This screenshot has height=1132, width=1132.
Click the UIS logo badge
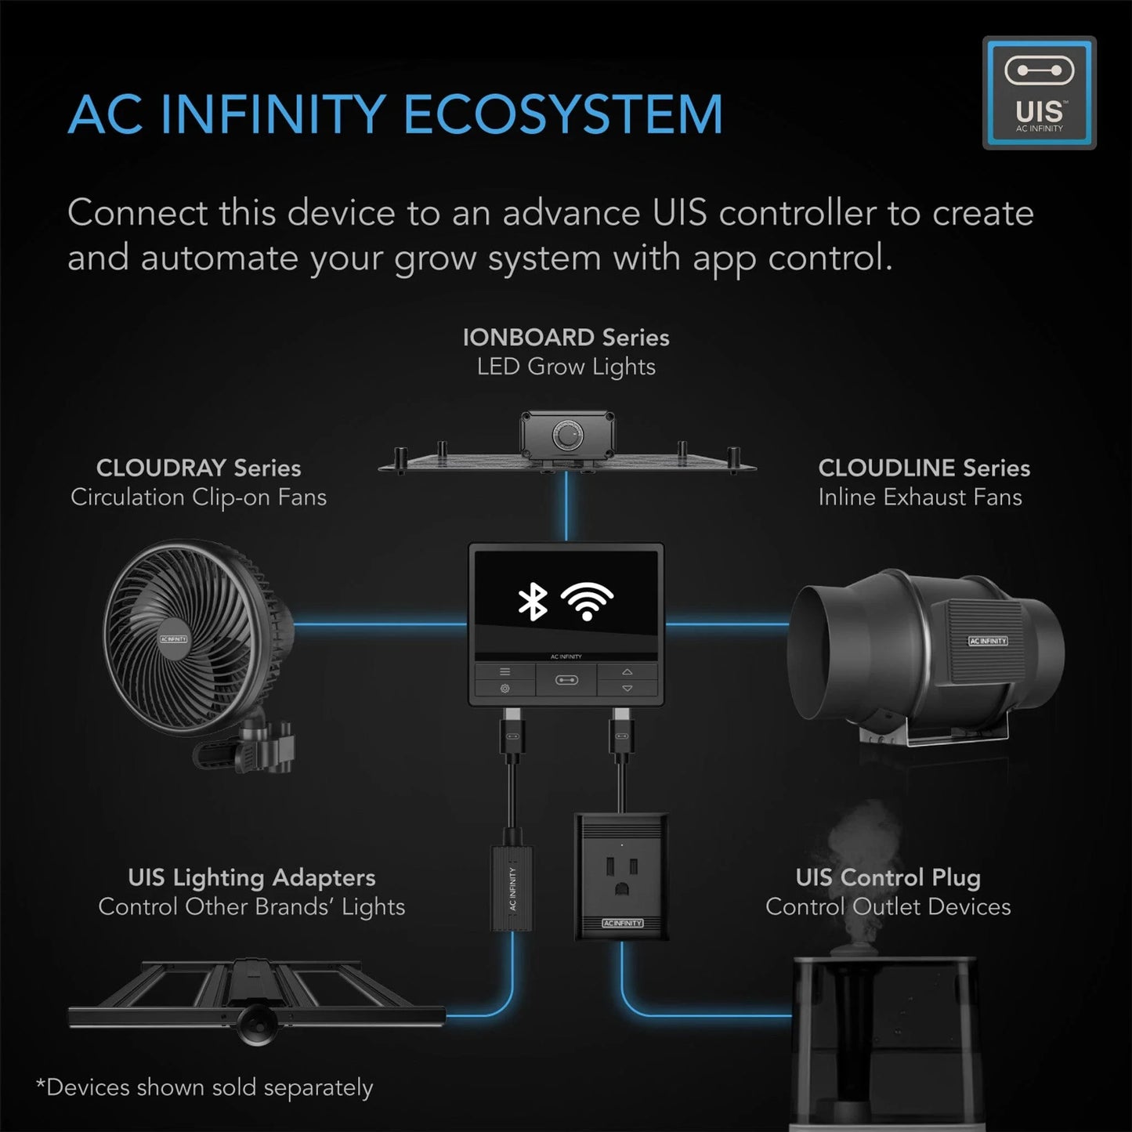pyautogui.click(x=1039, y=92)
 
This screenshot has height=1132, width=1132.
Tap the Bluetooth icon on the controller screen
pyautogui.click(x=533, y=602)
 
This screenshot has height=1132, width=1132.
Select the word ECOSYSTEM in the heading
pyautogui.click(x=562, y=114)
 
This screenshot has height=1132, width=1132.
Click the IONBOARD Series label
pyautogui.click(x=566, y=338)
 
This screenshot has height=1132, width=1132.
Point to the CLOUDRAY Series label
pyautogui.click(x=198, y=468)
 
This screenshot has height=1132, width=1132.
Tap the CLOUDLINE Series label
pyautogui.click(x=924, y=468)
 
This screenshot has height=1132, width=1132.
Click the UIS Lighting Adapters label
pyautogui.click(x=251, y=877)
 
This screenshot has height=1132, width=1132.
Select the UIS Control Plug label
pyautogui.click(x=888, y=877)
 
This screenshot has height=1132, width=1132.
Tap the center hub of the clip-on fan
pyautogui.click(x=174, y=639)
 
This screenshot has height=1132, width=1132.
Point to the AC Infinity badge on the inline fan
pyautogui.click(x=988, y=641)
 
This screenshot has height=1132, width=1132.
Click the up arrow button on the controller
pyautogui.click(x=627, y=672)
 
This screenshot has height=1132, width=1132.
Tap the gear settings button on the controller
pyautogui.click(x=505, y=689)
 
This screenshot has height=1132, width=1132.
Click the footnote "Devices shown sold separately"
pyautogui.click(x=205, y=1087)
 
